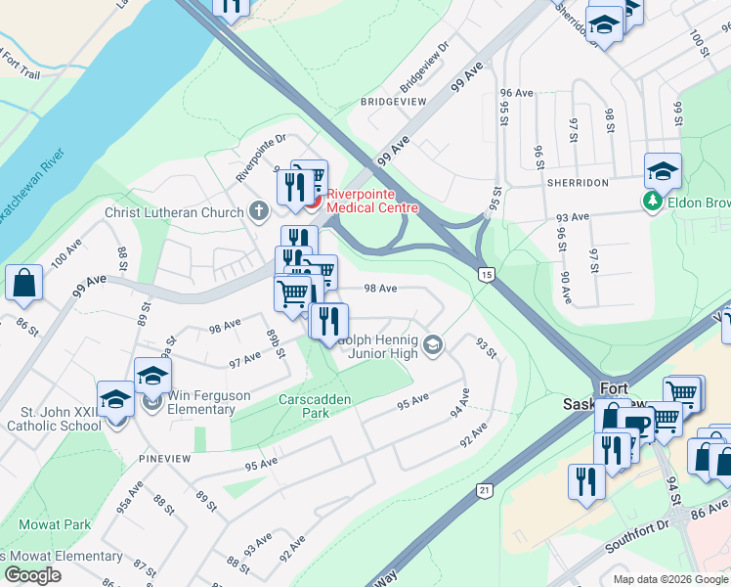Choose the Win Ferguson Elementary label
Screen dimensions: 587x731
(x=201, y=402)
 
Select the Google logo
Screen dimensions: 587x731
(x=32, y=575)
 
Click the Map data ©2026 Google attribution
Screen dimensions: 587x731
(x=669, y=579)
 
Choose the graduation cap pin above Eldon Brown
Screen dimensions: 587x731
(x=662, y=171)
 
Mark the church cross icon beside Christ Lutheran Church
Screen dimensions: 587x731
(x=258, y=210)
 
